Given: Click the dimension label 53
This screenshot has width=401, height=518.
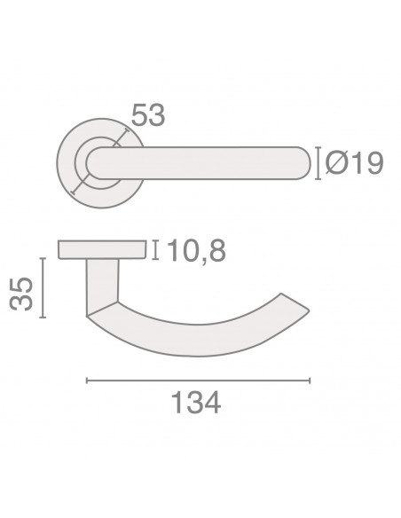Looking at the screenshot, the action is pyautogui.click(x=147, y=114).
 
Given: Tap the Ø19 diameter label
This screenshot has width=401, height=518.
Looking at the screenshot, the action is pyautogui.click(x=354, y=163).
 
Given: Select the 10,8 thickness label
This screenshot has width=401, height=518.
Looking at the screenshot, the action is pyautogui.click(x=197, y=251).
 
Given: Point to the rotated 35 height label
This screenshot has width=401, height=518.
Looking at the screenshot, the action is pyautogui.click(x=21, y=294).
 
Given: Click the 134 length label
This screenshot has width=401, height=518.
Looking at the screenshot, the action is pyautogui.click(x=196, y=402).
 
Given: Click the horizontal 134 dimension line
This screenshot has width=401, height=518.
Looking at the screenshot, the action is pyautogui.click(x=198, y=381).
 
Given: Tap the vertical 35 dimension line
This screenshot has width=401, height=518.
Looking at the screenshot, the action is pyautogui.click(x=43, y=287).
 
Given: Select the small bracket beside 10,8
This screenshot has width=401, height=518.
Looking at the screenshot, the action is pyautogui.click(x=155, y=250).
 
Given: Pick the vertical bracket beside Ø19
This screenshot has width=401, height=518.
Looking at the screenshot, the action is pyautogui.click(x=318, y=163).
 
